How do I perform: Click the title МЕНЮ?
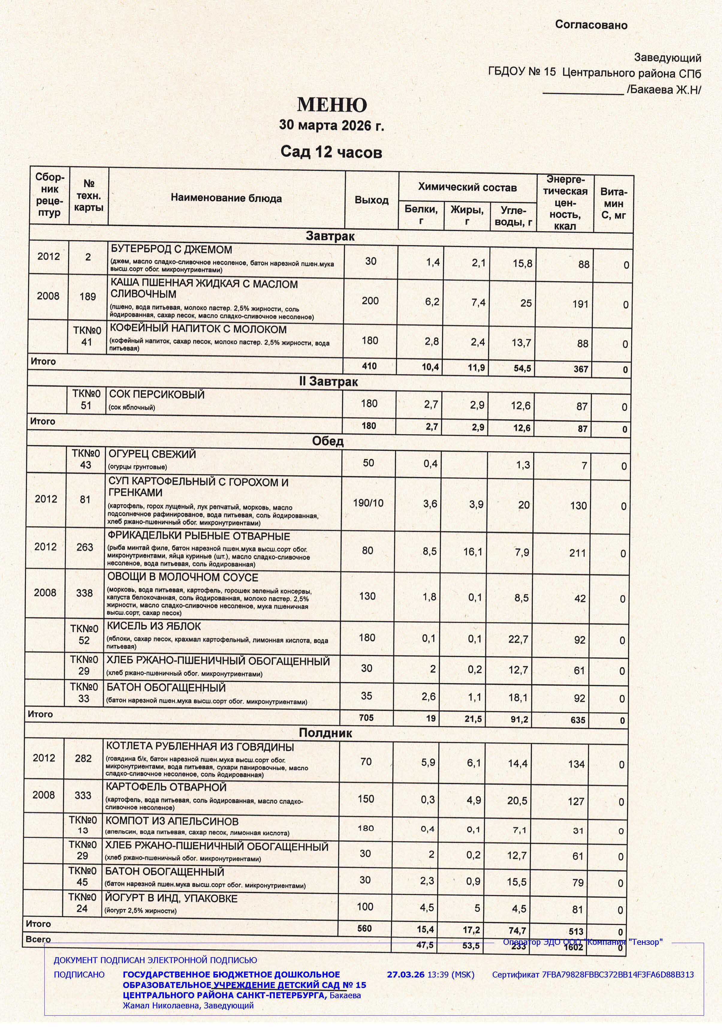click(332, 105)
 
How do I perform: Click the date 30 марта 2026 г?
click(331, 125)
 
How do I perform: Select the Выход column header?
click(371, 200)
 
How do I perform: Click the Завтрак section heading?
click(330, 236)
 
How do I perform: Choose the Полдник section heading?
click(325, 733)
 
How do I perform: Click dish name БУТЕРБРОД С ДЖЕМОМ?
click(171, 249)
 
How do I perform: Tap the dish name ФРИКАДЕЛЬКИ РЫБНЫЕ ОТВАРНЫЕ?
click(199, 536)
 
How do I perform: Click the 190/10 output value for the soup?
click(368, 503)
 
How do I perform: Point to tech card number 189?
click(88, 297)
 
